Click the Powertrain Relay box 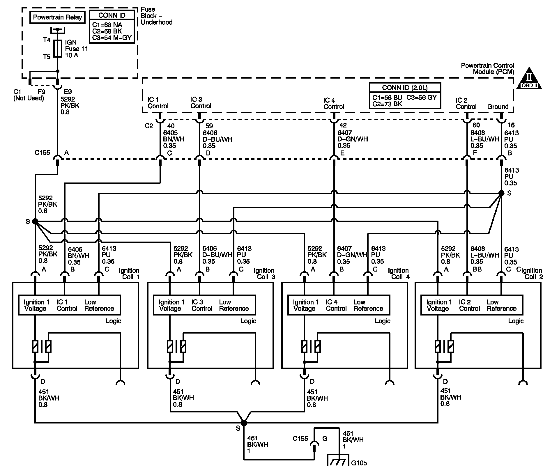[57, 17]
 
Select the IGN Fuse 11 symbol [58, 49]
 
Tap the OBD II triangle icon [529, 79]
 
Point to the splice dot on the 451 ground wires [244, 423]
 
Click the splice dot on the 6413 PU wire [501, 193]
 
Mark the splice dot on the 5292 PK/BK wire [35, 221]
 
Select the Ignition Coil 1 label [129, 274]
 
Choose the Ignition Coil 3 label [264, 274]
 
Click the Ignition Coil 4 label [398, 274]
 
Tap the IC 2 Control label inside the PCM [466, 104]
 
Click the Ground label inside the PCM [498, 107]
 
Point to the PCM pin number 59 [209, 126]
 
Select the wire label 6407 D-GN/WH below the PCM [352, 136]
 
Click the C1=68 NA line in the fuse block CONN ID [107, 25]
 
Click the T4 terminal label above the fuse [47, 40]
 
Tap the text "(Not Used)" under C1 [29, 98]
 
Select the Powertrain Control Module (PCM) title [487, 68]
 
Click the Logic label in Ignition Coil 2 [516, 321]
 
